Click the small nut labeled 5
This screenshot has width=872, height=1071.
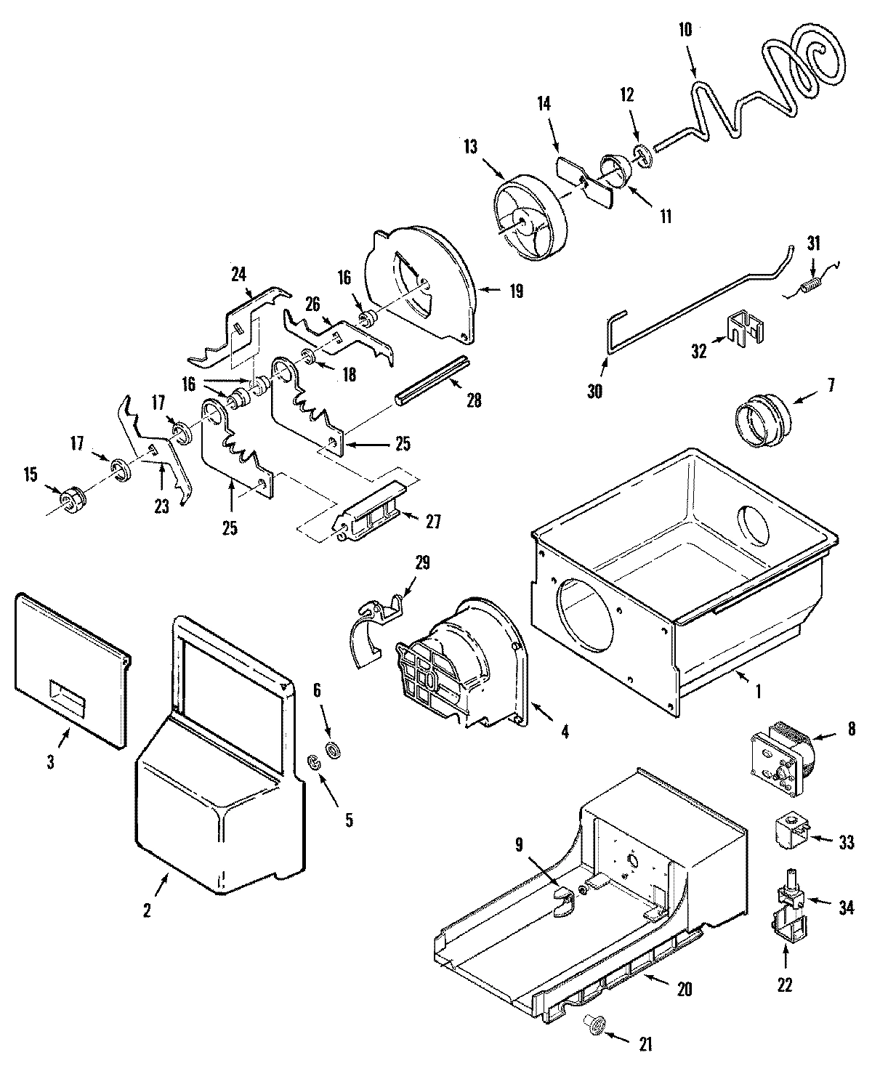315,763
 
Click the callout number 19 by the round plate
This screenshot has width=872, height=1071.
516,291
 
